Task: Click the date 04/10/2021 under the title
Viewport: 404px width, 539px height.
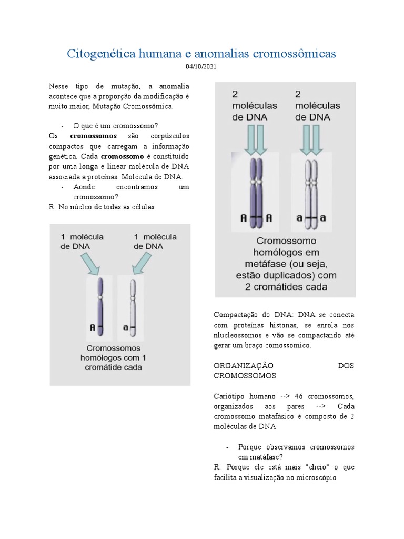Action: tap(201, 67)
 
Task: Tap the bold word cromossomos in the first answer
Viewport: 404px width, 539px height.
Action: tap(93, 136)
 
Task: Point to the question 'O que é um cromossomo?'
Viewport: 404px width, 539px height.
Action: tap(116, 126)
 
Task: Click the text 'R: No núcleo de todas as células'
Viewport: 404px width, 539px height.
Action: tap(102, 207)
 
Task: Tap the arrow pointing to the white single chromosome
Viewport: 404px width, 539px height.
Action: tap(142, 264)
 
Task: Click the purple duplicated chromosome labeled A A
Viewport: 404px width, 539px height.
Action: tap(255, 192)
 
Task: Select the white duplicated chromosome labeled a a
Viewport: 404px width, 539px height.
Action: tap(312, 192)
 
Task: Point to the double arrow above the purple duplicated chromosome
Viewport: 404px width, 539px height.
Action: tap(255, 139)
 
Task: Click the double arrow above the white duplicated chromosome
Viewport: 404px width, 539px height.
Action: tap(312, 139)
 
